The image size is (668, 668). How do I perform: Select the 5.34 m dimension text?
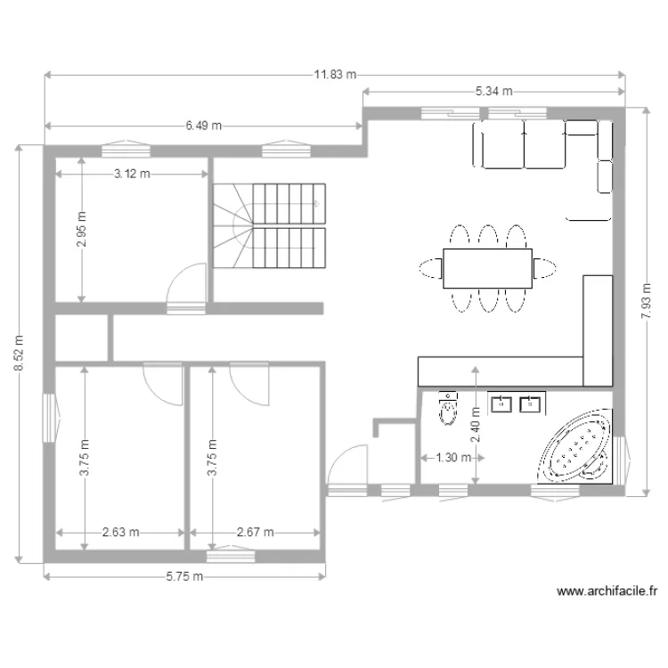click(x=493, y=91)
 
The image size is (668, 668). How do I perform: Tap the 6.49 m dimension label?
click(x=204, y=126)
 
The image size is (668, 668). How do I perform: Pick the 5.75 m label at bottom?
click(x=185, y=576)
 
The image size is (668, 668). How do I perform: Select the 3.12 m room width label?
click(x=132, y=174)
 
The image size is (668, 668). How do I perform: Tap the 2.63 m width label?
click(x=120, y=533)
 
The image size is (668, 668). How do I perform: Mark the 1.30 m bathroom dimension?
click(x=447, y=458)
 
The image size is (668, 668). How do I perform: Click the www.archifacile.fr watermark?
click(x=606, y=591)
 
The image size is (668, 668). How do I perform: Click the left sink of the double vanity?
click(x=501, y=404)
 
